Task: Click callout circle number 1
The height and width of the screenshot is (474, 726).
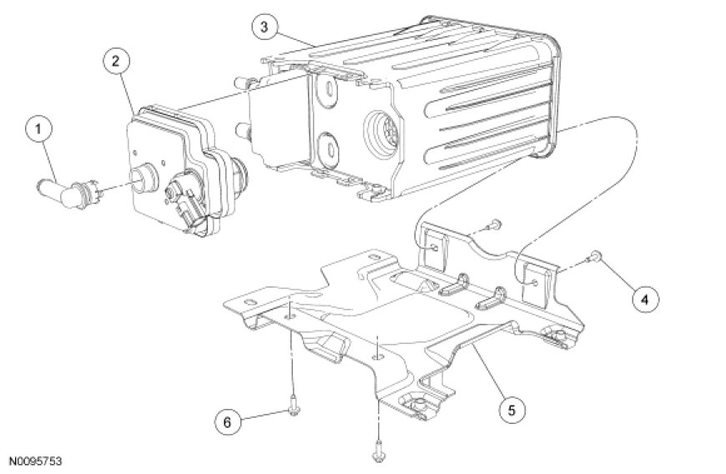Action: click(38, 129)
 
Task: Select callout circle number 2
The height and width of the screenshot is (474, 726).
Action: click(116, 62)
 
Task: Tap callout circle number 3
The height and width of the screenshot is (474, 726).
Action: click(265, 27)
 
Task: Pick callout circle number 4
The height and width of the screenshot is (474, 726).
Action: click(645, 300)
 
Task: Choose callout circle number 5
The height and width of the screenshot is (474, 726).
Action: click(512, 410)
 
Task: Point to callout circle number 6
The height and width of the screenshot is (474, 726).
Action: click(228, 422)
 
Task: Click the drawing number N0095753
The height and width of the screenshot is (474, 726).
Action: click(36, 461)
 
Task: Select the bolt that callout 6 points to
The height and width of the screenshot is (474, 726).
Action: click(293, 406)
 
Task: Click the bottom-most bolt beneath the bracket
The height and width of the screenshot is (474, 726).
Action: click(378, 451)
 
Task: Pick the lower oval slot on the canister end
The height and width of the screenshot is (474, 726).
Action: click(330, 149)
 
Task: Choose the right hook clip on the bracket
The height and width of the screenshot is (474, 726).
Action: click(492, 299)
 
